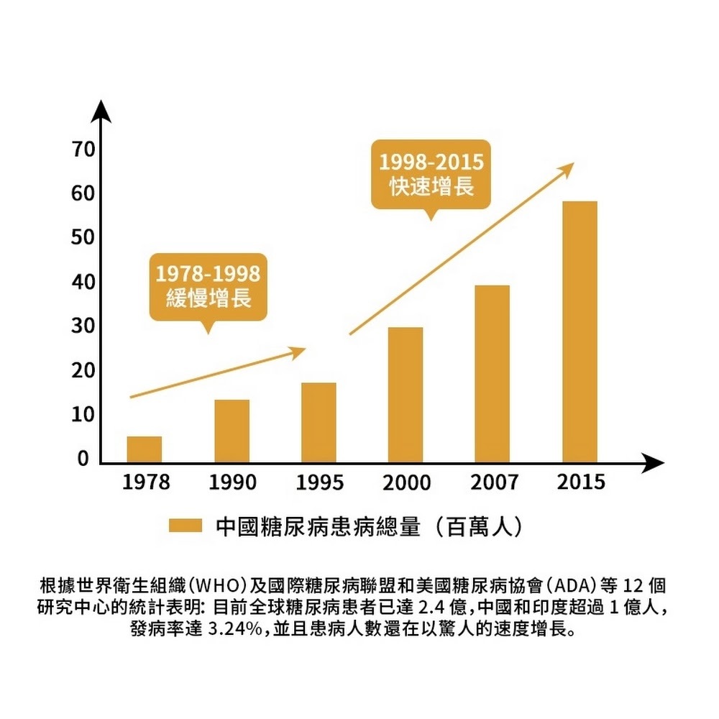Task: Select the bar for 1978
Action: click(x=144, y=449)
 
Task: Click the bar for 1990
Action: click(x=232, y=431)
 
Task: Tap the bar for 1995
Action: click(x=319, y=422)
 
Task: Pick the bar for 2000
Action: click(x=406, y=395)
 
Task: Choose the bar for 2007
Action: click(x=492, y=374)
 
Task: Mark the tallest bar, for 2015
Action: click(x=580, y=331)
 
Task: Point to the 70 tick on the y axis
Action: click(x=83, y=150)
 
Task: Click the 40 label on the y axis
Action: click(x=83, y=283)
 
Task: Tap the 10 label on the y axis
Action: click(x=83, y=416)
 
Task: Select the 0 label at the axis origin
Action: click(x=83, y=459)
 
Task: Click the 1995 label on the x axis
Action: click(x=319, y=482)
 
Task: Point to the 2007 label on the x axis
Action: click(x=493, y=482)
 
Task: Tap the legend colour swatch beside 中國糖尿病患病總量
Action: click(x=185, y=526)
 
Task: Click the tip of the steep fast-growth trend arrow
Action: click(x=572, y=165)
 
